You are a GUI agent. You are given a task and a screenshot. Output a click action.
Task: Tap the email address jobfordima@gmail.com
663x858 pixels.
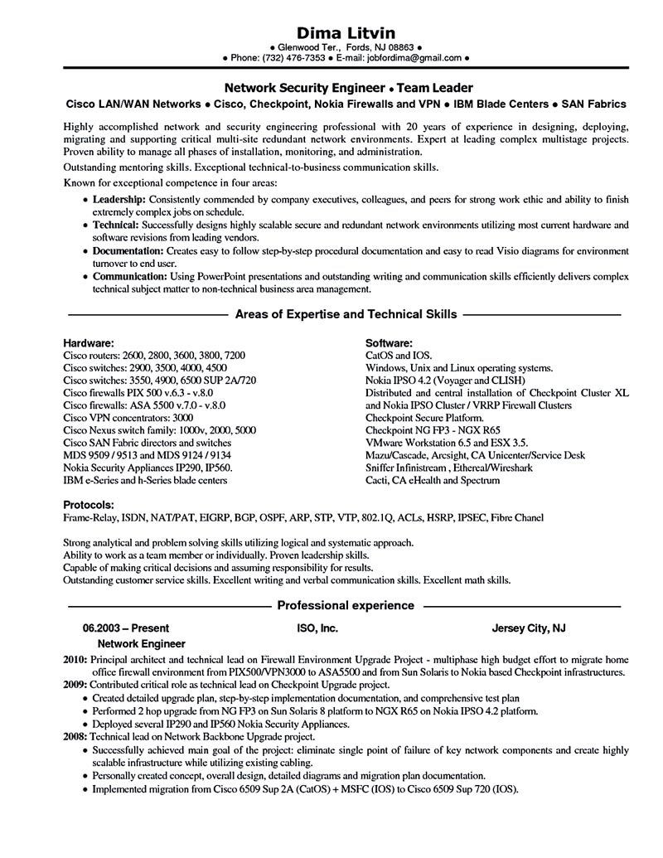pyautogui.click(x=417, y=60)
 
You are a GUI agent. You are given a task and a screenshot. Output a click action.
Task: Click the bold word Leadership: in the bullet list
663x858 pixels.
pyautogui.click(x=119, y=201)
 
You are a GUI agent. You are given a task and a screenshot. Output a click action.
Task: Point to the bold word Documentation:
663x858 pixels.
pyautogui.click(x=128, y=250)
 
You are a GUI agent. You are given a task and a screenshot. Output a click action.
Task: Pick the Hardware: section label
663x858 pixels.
pyautogui.click(x=89, y=342)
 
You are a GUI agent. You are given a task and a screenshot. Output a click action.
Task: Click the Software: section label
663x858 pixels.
pyautogui.click(x=389, y=342)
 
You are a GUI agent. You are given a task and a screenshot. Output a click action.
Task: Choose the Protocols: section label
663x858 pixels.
pyautogui.click(x=89, y=504)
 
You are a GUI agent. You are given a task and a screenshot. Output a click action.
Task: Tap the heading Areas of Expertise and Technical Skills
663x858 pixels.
pyautogui.click(x=346, y=315)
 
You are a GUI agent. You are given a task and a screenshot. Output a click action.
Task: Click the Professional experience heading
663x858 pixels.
pyautogui.click(x=346, y=606)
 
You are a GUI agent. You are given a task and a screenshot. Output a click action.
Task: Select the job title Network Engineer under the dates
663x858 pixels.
pyautogui.click(x=142, y=643)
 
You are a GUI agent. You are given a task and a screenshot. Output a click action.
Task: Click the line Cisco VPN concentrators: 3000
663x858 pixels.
pyautogui.click(x=128, y=419)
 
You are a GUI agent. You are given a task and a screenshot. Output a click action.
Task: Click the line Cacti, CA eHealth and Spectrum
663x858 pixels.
pyautogui.click(x=433, y=480)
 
